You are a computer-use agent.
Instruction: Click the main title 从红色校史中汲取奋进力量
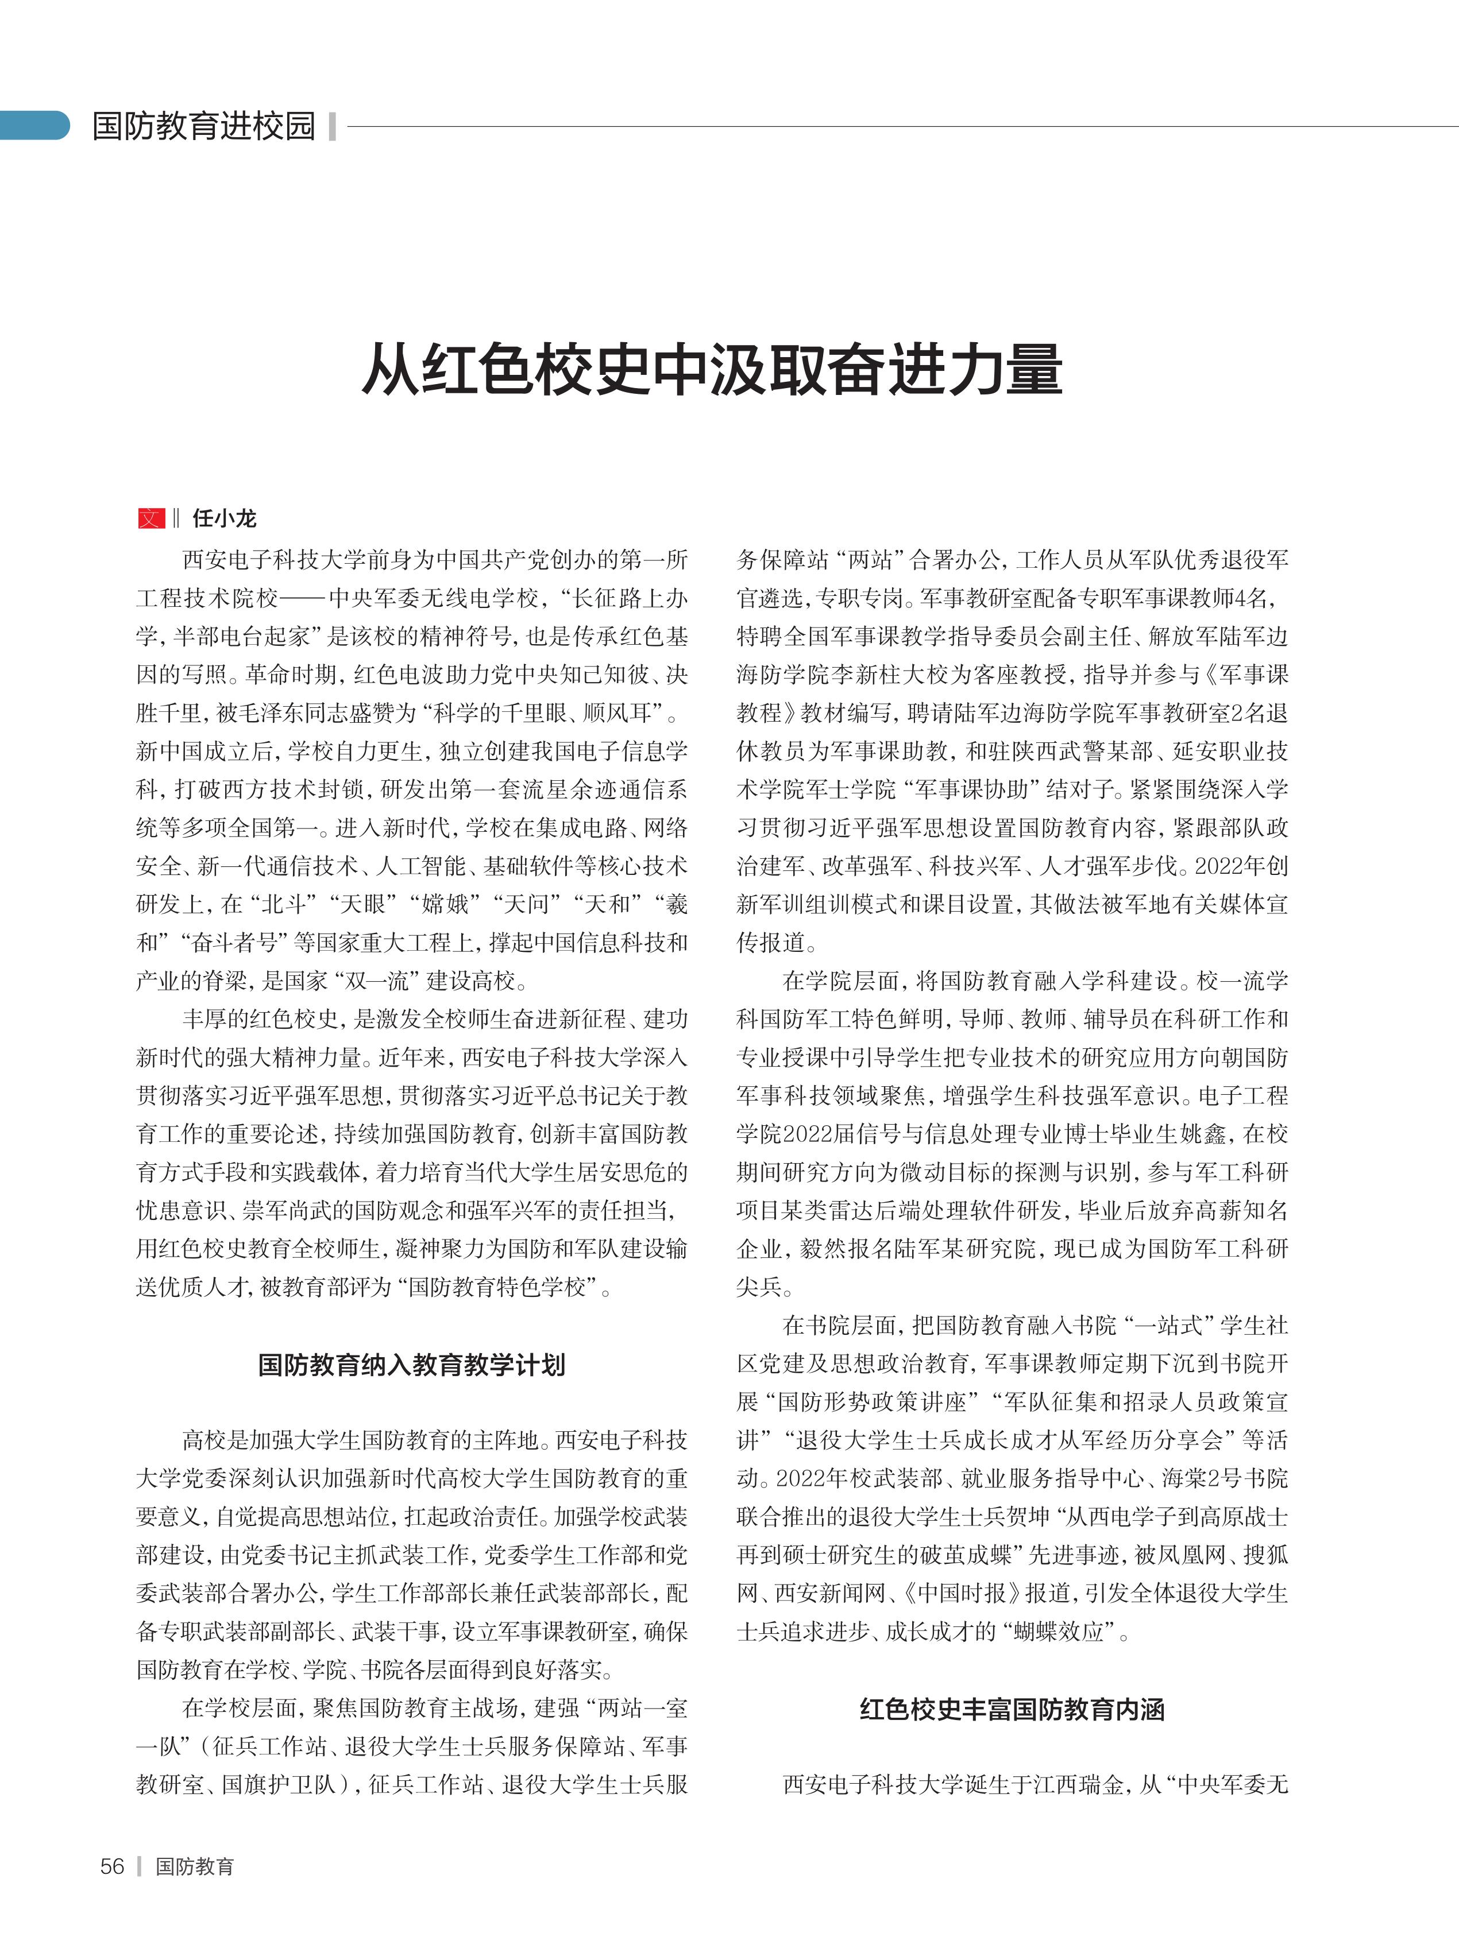[x=712, y=370]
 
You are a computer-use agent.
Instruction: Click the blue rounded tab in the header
[x=35, y=126]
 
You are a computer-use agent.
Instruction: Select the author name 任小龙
[x=225, y=518]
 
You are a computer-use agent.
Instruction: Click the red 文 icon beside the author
[x=151, y=518]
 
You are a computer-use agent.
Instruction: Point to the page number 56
[x=113, y=1866]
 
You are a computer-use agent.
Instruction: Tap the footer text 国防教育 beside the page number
[x=195, y=1866]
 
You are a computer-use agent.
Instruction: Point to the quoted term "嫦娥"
[x=443, y=904]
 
